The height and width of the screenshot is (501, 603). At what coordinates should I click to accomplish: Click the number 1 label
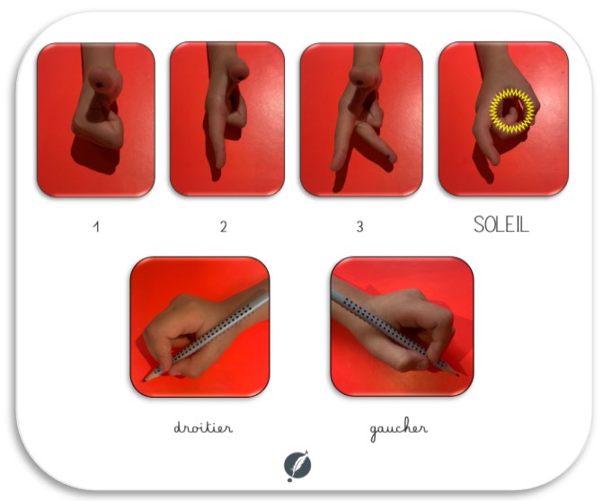point(96,226)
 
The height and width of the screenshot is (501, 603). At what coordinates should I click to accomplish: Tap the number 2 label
point(224,226)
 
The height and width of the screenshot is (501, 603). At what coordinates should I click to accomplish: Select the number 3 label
point(359,226)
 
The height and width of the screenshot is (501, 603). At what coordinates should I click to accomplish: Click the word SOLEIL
point(501,224)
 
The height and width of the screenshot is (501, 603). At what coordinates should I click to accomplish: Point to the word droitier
point(203,427)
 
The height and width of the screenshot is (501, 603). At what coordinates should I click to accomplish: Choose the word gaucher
point(398,430)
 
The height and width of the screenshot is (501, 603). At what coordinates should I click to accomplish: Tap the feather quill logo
point(297,466)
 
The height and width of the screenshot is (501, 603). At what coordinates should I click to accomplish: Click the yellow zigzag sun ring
point(512,110)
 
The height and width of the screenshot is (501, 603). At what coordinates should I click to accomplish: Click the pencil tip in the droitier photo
point(145,381)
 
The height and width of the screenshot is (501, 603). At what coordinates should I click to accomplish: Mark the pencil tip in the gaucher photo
point(457,374)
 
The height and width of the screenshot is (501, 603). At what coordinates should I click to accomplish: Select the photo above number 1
point(96,120)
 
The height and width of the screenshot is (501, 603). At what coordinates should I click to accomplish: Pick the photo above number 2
point(227,119)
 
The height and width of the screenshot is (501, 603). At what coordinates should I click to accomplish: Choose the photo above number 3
point(361,119)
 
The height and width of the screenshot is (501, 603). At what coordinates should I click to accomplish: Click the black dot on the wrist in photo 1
point(99,83)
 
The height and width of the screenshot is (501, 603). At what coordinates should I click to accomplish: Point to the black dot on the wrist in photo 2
point(243,78)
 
